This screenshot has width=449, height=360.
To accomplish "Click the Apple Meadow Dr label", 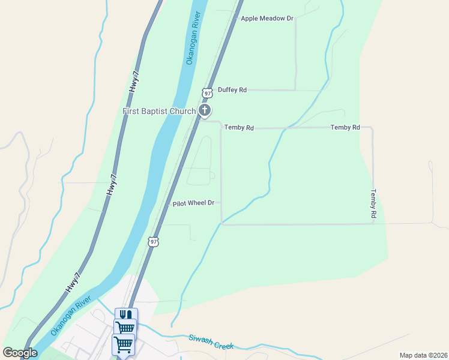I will pyautogui.click(x=267, y=19).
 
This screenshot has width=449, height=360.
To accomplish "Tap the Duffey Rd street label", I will pyautogui.click(x=232, y=90).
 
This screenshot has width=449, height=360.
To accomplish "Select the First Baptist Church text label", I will pyautogui.click(x=159, y=111).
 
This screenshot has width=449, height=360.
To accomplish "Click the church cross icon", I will pyautogui.click(x=205, y=110).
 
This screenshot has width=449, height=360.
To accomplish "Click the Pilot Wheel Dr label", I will pyautogui.click(x=193, y=203).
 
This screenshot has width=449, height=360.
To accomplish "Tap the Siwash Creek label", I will pyautogui.click(x=210, y=342).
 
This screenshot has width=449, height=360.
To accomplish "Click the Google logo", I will pyautogui.click(x=20, y=352).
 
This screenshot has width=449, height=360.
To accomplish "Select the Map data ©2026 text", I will pyautogui.click(x=423, y=355).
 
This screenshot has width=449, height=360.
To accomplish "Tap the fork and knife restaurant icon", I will pyautogui.click(x=126, y=315).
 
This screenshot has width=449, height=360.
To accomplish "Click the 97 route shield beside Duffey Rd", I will pyautogui.click(x=207, y=93).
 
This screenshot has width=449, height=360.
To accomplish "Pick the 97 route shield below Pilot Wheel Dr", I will pyautogui.click(x=154, y=242).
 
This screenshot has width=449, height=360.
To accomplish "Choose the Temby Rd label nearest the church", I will pyautogui.click(x=239, y=128).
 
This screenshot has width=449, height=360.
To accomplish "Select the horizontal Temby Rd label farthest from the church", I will pyautogui.click(x=345, y=128).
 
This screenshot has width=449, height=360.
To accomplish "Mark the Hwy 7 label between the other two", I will pyautogui.click(x=112, y=185).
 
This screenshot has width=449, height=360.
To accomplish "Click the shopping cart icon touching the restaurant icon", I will pyautogui.click(x=125, y=328).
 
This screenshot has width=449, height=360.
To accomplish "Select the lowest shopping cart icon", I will pyautogui.click(x=123, y=345).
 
